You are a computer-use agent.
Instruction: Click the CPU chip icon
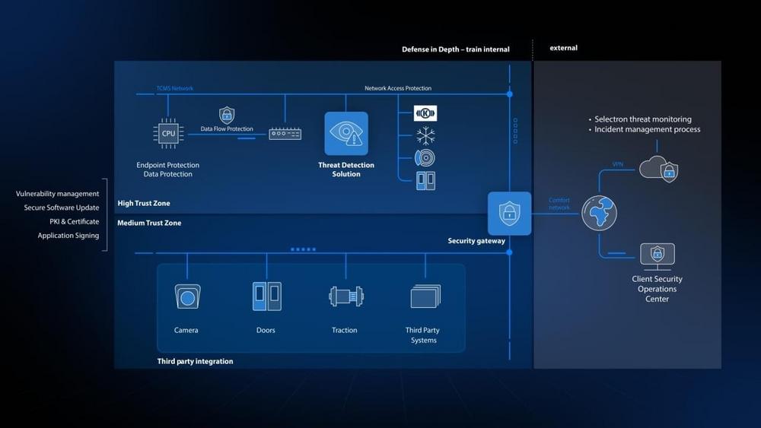coord(169,134)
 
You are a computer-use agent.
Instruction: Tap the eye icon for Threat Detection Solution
coord(346,134)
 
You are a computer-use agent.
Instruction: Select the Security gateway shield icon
coord(509,213)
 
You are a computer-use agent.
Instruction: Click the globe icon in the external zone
coord(600,214)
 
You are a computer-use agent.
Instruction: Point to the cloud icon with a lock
coord(658,168)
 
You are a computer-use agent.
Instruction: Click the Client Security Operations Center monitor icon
coord(657,257)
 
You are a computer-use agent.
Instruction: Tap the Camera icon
coord(186,296)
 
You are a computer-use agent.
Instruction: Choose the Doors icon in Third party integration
coord(266,296)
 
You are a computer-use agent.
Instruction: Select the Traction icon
coord(345,296)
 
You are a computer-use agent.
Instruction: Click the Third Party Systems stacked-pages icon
coord(425,296)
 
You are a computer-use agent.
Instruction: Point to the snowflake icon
coord(425,136)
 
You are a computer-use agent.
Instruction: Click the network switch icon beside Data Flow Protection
coord(285,134)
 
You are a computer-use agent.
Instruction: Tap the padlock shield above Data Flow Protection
coord(227,115)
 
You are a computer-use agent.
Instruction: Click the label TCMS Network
coord(175,88)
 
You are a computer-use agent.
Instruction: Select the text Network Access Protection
coord(398,88)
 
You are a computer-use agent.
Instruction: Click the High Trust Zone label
coord(144,204)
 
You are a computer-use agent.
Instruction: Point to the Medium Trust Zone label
coord(149,224)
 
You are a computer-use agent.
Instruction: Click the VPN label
coord(617,164)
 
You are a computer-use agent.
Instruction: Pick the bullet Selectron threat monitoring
coord(642,119)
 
